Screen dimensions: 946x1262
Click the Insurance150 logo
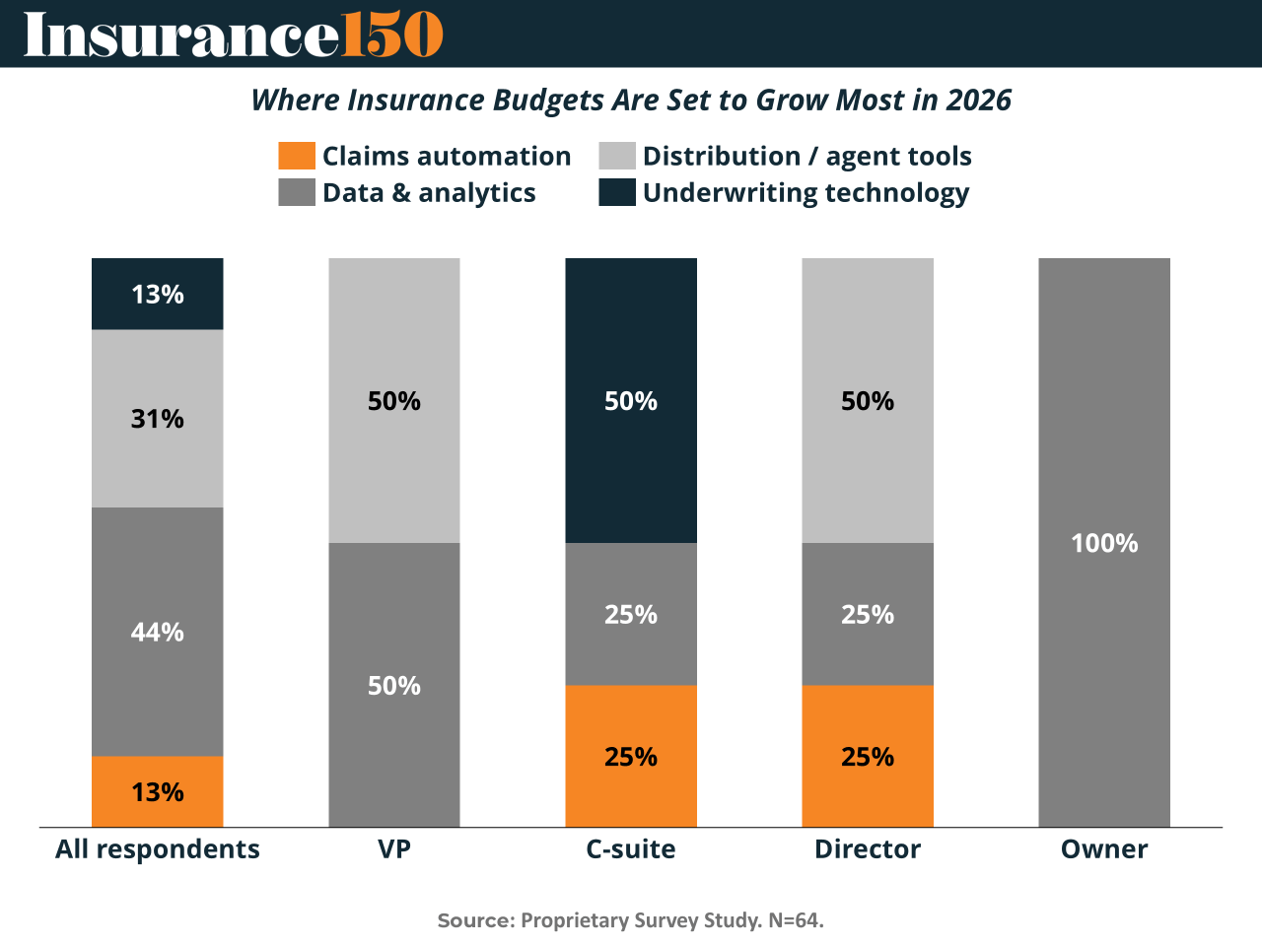point(234,35)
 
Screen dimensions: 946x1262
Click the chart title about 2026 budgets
point(631,101)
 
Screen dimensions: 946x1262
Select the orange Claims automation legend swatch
point(297,156)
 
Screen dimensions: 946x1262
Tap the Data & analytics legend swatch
point(297,192)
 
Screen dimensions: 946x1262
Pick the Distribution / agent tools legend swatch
point(617,156)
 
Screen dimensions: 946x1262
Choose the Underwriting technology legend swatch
point(617,192)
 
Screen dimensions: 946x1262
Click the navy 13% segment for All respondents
point(158,294)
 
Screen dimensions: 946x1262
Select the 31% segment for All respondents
point(158,419)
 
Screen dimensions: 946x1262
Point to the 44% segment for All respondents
point(158,632)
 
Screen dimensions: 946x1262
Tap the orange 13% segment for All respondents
point(158,791)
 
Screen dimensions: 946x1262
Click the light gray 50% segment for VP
point(394,401)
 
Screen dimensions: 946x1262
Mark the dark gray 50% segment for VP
point(394,685)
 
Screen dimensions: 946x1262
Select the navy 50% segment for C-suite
point(631,401)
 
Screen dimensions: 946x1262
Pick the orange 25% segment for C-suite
point(631,756)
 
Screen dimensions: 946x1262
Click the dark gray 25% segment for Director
point(868,614)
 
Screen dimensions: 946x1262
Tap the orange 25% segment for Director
point(868,756)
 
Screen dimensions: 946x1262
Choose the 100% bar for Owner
point(1104,543)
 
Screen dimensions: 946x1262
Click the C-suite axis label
point(631,849)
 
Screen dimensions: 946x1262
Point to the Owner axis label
point(1104,849)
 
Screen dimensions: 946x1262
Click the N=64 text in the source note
point(796,920)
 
